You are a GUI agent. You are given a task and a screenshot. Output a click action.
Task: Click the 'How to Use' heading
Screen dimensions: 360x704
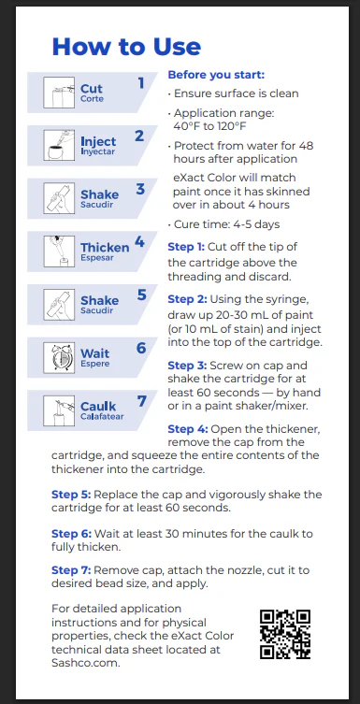(126, 46)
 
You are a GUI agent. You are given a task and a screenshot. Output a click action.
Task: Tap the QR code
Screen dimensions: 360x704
(285, 634)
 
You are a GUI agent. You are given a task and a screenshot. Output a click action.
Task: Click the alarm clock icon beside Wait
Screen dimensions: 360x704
(59, 357)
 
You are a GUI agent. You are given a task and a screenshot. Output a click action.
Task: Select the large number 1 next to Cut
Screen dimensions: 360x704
(141, 83)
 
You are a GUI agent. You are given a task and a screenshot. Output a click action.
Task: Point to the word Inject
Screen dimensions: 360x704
(98, 141)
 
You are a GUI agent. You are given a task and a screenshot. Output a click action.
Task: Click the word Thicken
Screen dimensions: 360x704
(105, 248)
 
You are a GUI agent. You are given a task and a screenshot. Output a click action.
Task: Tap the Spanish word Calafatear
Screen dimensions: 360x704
(102, 416)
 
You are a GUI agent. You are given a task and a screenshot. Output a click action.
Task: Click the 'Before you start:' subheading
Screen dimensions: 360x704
(216, 75)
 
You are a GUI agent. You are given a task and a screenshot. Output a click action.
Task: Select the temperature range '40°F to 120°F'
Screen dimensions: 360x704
(209, 126)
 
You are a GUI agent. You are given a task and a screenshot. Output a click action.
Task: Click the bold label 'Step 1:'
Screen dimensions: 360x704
(186, 247)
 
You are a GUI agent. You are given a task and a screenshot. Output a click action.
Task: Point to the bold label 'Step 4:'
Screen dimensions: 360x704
(186, 429)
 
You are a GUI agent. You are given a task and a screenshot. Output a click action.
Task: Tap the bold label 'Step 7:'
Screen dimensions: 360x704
(71, 570)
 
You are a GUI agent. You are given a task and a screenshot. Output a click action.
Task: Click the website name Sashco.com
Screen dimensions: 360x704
(86, 662)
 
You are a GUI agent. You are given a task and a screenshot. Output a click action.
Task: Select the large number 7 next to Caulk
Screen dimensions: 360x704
(142, 401)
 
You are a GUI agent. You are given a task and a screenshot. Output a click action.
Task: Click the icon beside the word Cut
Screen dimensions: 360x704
(59, 93)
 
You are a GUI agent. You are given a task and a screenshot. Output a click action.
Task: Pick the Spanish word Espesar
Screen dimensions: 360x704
(97, 258)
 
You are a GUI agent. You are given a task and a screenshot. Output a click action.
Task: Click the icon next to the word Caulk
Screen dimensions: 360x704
(59, 410)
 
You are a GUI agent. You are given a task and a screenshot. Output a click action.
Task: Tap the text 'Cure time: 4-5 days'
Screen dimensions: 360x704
(226, 224)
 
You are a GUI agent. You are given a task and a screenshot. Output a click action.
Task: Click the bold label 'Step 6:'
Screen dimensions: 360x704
(71, 534)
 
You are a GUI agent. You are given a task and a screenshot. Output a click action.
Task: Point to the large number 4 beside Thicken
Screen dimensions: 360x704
(139, 242)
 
